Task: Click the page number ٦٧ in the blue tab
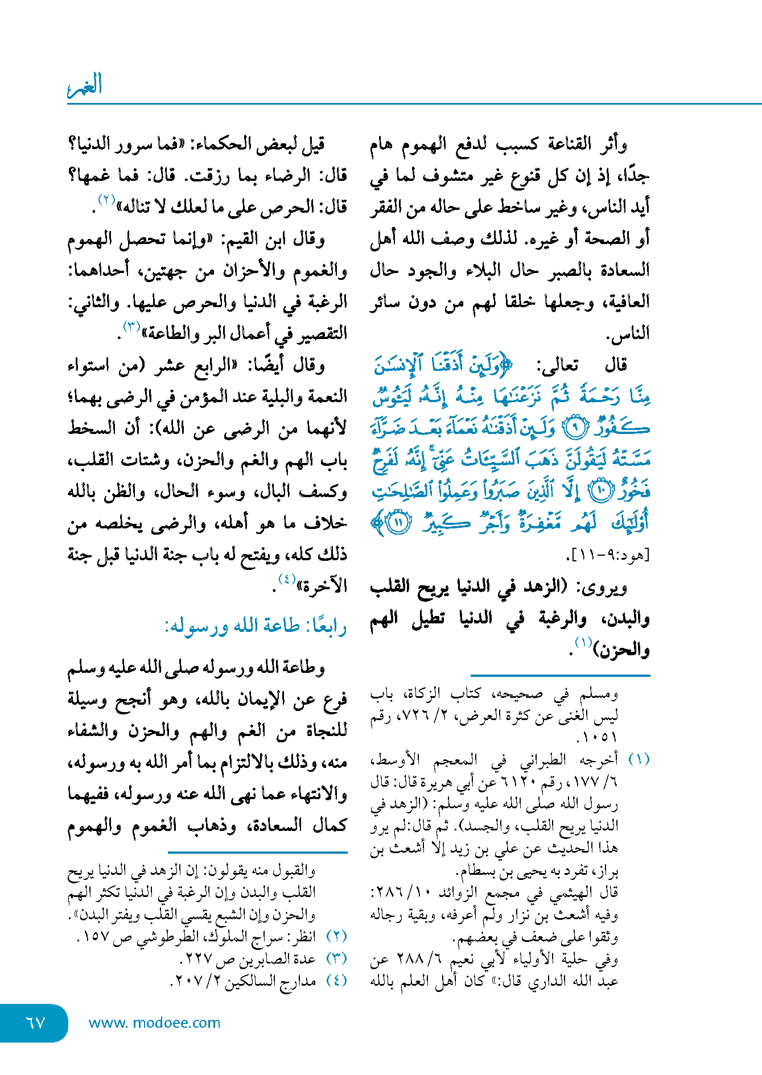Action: coord(35,1023)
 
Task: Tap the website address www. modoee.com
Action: coord(154,1023)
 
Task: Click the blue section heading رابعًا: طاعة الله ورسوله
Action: coord(256,626)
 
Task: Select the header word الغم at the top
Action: coord(85,85)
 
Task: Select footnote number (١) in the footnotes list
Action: coord(639,760)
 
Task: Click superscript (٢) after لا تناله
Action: coord(107,200)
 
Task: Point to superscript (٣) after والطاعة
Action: coord(131,326)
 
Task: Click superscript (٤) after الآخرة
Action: coord(287,580)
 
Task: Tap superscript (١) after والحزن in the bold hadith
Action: coord(583,643)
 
